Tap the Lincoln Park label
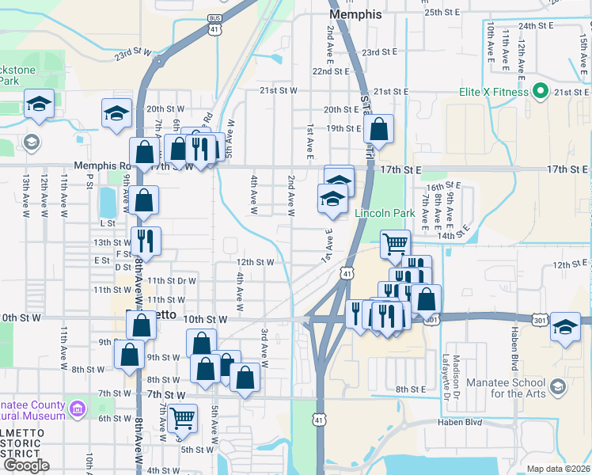[x=385, y=213]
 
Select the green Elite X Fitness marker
[x=541, y=92]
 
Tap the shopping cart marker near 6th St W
[x=182, y=417]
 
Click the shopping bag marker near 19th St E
[x=379, y=129]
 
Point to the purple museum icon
[x=77, y=409]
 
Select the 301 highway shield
[x=431, y=320]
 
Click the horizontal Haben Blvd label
[x=460, y=422]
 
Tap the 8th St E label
[x=412, y=389]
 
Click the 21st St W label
[x=278, y=90]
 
